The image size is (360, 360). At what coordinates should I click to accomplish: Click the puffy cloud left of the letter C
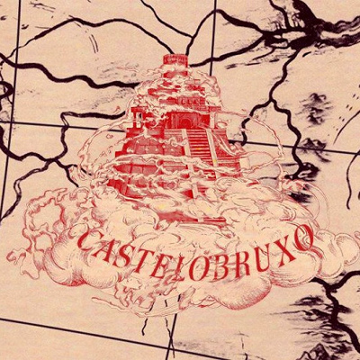click(49, 225)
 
